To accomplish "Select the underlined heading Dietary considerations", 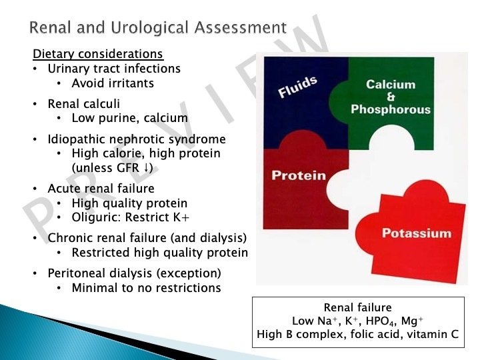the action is [98, 53].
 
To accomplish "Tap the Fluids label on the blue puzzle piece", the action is [297, 88].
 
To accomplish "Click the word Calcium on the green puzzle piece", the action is [391, 85].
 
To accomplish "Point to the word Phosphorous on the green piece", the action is [391, 109].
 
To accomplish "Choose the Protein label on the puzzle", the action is [299, 175].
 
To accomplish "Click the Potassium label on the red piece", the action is [416, 233].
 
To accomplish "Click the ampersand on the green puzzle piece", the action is [391, 97].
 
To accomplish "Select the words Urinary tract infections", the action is [114, 68].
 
